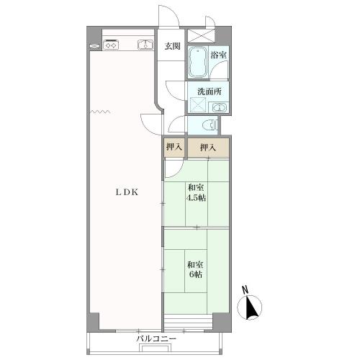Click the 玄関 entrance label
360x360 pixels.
[x=172, y=46]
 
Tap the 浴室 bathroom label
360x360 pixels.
[x=218, y=55]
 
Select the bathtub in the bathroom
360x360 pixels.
[x=198, y=62]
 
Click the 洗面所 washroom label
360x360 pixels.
[x=210, y=91]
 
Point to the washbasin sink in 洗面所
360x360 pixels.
[x=219, y=107]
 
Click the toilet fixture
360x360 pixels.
[x=210, y=125]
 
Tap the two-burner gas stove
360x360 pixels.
[x=111, y=45]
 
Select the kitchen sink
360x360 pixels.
[x=145, y=45]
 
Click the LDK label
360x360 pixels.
[x=127, y=192]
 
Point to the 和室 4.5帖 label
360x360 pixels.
[x=197, y=192]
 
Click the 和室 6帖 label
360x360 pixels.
[x=196, y=269]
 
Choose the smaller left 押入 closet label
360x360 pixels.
[x=174, y=147]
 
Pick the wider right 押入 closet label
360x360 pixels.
[x=208, y=147]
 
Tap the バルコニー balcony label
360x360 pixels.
[x=156, y=339]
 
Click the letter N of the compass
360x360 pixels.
[x=245, y=289]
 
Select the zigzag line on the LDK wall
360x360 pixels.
[x=100, y=112]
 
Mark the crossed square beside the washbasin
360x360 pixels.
[x=198, y=105]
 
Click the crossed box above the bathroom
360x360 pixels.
[x=201, y=35]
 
